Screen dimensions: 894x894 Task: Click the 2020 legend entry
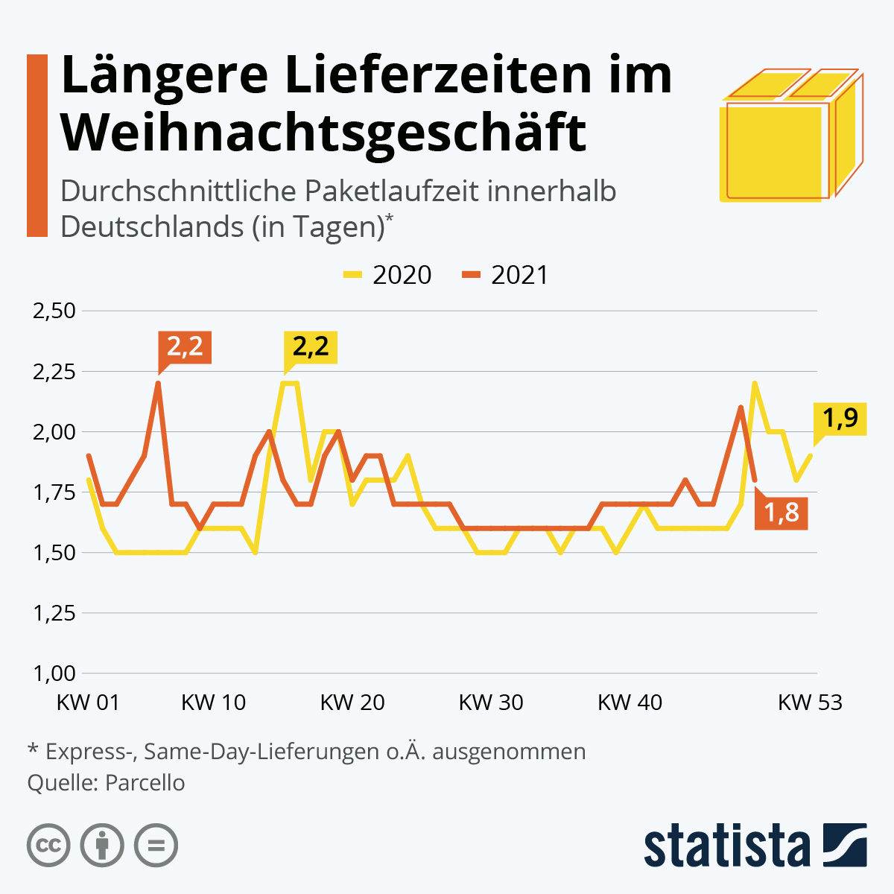tap(387, 275)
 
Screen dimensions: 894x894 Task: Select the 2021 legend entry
tap(505, 275)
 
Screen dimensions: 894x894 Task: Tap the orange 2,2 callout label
tap(185, 346)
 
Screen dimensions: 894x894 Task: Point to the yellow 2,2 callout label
tap(311, 346)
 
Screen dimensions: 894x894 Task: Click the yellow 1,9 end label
tap(840, 418)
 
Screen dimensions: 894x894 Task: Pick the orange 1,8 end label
tap(782, 513)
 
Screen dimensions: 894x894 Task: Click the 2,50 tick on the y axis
tap(54, 311)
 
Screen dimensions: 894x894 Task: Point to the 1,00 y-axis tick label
tap(54, 673)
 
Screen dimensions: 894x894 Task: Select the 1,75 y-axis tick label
tap(54, 492)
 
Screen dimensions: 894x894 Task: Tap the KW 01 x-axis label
tap(88, 703)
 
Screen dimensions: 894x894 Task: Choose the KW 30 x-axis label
tap(490, 703)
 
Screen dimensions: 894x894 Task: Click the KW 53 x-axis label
tap(810, 703)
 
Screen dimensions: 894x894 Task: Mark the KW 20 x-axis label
tap(352, 703)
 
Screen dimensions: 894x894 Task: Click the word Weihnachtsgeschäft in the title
tap(324, 133)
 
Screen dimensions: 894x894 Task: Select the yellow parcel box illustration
tap(790, 137)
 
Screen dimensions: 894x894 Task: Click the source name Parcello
tap(145, 783)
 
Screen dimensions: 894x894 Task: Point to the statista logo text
tap(726, 846)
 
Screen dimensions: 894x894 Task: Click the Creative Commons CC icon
tap(48, 846)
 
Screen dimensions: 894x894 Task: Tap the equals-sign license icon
tap(156, 846)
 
